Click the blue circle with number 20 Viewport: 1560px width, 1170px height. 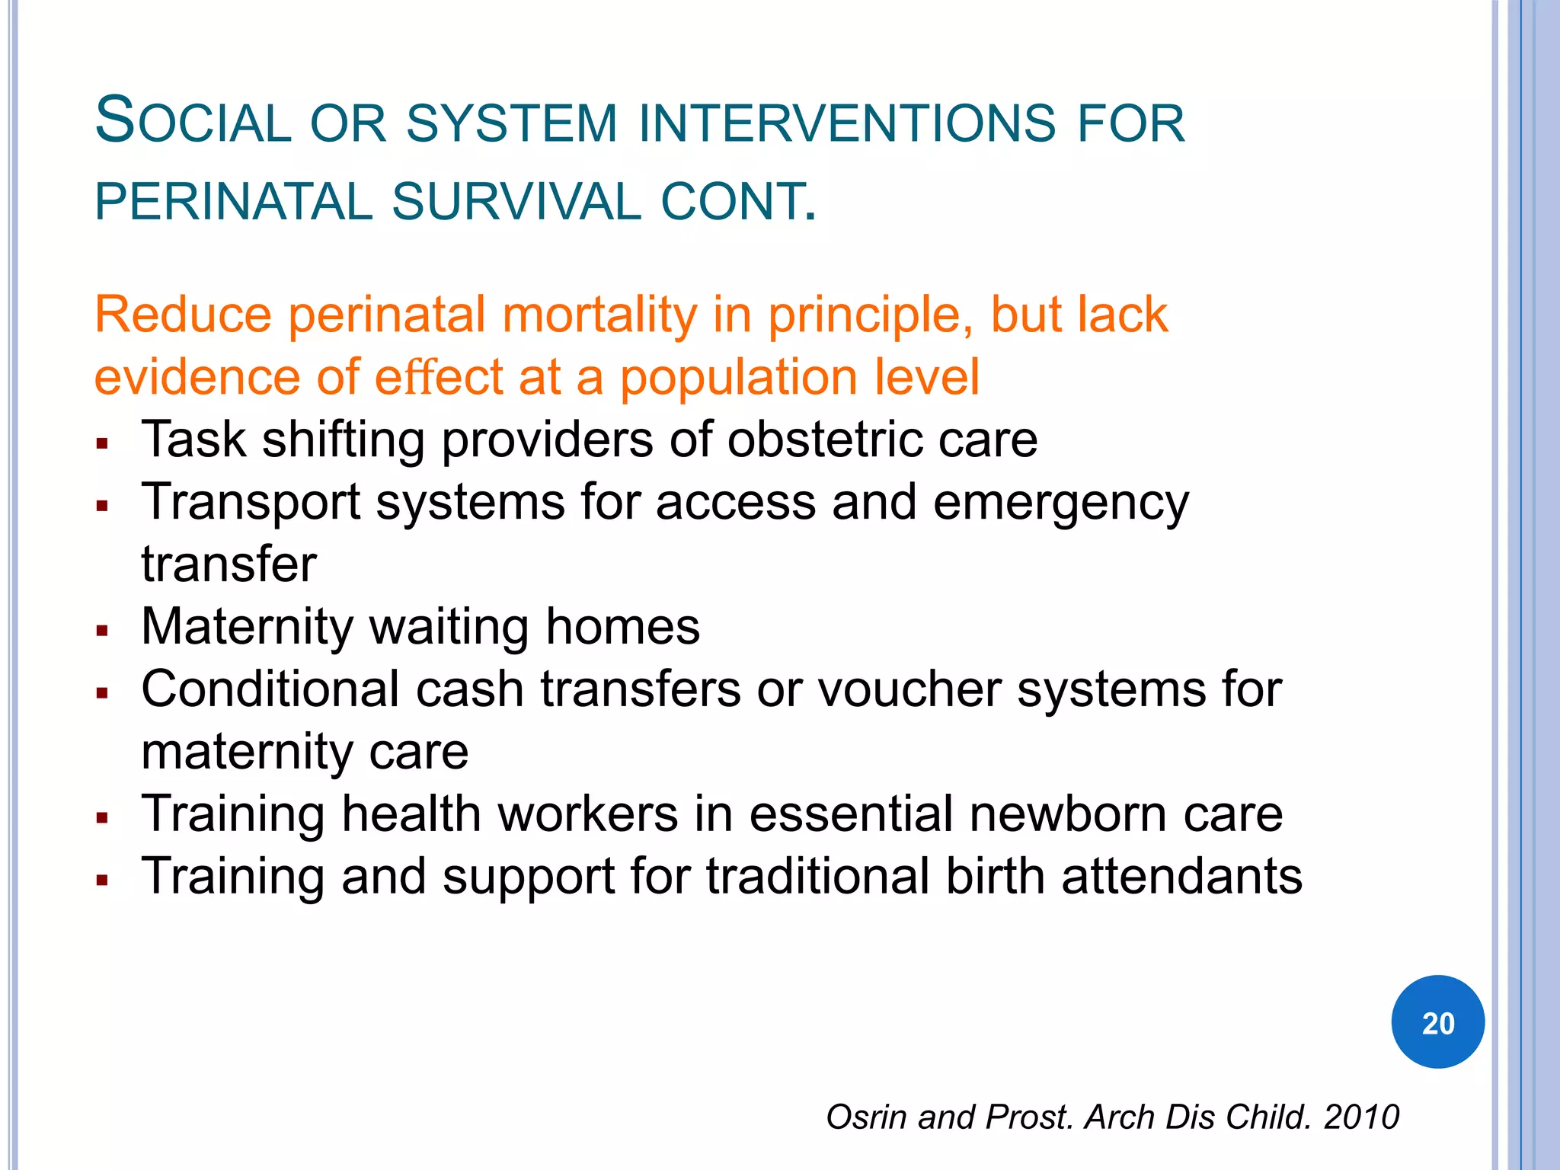pyautogui.click(x=1437, y=1021)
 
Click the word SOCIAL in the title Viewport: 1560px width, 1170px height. pyautogui.click(x=193, y=122)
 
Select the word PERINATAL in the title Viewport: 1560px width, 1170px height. pyautogui.click(x=233, y=202)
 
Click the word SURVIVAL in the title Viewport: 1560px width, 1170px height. pyautogui.click(x=516, y=202)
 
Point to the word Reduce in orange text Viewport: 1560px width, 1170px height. pyautogui.click(x=183, y=315)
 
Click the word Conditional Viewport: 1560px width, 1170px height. pyautogui.click(x=270, y=689)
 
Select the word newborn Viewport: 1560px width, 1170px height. pyautogui.click(x=1067, y=814)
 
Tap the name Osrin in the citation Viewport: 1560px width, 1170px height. pyautogui.click(x=868, y=1117)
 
